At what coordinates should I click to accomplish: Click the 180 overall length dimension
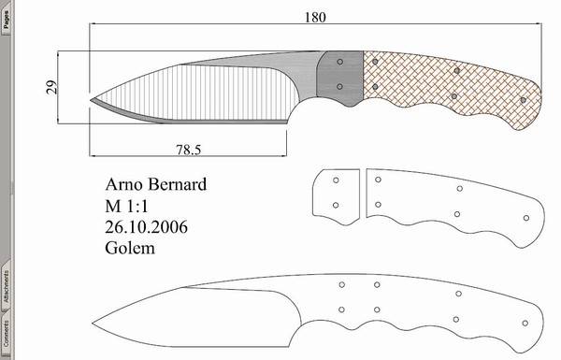point(315,17)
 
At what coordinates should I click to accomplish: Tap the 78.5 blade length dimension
point(189,150)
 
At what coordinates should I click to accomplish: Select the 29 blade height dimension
point(51,87)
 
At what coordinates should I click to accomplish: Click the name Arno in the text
point(124,184)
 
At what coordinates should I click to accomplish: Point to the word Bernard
point(177,184)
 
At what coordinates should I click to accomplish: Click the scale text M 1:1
point(126,206)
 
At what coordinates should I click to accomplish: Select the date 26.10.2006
point(146,227)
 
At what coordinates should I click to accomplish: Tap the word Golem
point(130,248)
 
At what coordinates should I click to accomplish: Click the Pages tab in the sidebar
point(7,19)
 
